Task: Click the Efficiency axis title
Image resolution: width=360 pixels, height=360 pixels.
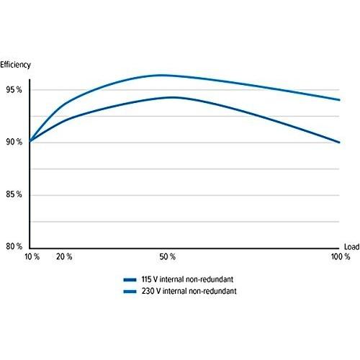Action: [x=15, y=65]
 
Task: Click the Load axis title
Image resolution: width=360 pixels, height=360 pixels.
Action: [x=351, y=247]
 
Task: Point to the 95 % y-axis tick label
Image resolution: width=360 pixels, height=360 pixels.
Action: [x=14, y=90]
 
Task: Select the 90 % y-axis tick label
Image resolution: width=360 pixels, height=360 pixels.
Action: [x=14, y=142]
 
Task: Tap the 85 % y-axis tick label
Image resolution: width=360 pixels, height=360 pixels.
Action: [x=14, y=194]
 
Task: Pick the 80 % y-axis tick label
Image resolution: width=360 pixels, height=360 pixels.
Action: [x=14, y=246]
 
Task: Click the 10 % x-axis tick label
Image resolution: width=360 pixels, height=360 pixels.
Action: [x=32, y=257]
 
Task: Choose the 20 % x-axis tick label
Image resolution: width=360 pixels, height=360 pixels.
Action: [x=64, y=257]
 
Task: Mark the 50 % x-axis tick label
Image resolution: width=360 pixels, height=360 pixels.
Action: [x=168, y=257]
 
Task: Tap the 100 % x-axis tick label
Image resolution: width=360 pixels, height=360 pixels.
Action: [x=341, y=257]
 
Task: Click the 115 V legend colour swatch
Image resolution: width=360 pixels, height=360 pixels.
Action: [x=130, y=279]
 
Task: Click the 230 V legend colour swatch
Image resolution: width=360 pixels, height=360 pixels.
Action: [x=130, y=292]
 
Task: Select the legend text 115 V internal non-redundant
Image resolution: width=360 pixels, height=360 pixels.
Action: [x=187, y=279]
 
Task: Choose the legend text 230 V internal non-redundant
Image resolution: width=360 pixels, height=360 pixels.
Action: [x=189, y=291]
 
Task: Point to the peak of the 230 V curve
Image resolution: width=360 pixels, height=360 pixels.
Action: [x=160, y=75]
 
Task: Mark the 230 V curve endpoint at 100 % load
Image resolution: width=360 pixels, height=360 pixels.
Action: [x=339, y=100]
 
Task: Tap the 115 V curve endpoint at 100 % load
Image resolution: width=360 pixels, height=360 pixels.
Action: [x=339, y=143]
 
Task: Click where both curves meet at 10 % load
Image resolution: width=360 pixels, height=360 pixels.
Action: [x=30, y=141]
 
